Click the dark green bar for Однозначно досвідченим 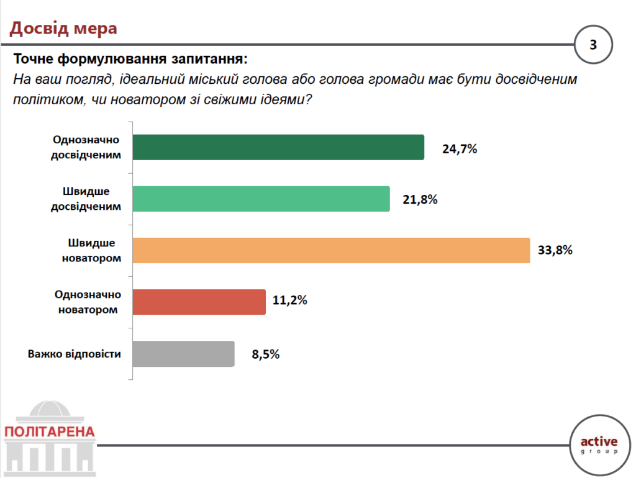click(x=278, y=148)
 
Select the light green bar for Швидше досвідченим click(x=261, y=199)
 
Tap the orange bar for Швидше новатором click(x=331, y=250)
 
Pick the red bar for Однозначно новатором click(x=199, y=302)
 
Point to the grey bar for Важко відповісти click(x=183, y=354)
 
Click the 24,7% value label click(x=460, y=149)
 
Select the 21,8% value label click(x=420, y=200)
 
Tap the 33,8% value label click(x=555, y=251)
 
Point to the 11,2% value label click(x=290, y=302)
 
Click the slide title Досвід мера click(x=63, y=28)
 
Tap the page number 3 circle click(x=593, y=45)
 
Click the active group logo click(x=599, y=444)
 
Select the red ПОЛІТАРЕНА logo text click(x=49, y=431)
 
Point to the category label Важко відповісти click(x=74, y=354)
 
